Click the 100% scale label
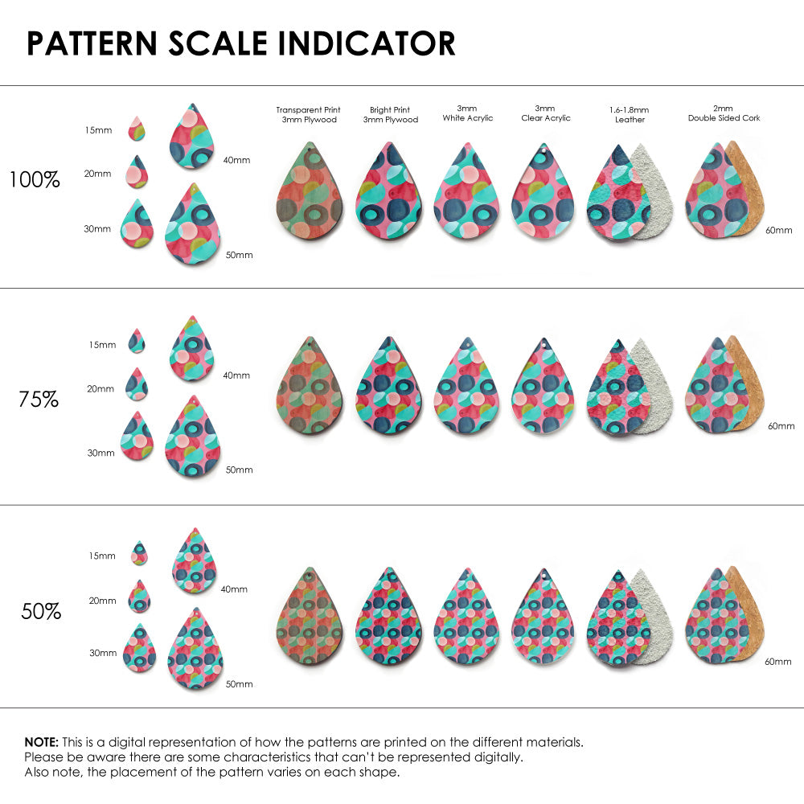pos(35,180)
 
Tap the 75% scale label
pos(39,399)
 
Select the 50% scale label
pos(41,611)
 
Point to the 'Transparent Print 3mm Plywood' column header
pos(308,114)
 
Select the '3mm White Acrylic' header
pos(467,113)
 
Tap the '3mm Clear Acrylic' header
pos(545,113)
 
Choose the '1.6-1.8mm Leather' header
pos(630,114)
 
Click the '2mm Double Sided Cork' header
pos(724,113)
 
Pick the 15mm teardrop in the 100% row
pos(137,127)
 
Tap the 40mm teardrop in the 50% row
pos(195,561)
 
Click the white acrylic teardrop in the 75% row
pos(467,387)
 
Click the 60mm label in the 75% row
pos(781,425)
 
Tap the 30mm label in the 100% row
pos(97,229)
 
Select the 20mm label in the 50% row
pos(103,601)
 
